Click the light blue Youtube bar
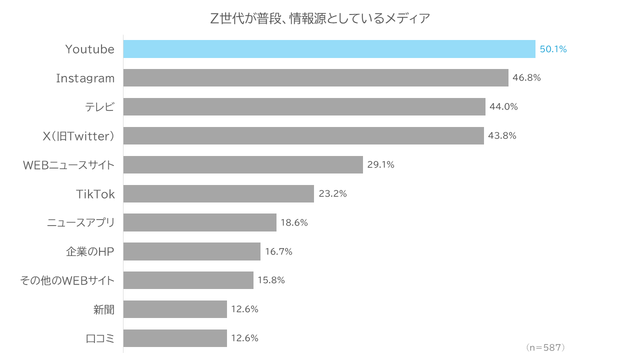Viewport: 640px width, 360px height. click(329, 49)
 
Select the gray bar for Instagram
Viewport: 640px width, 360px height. click(315, 78)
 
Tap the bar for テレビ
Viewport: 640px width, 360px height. click(304, 106)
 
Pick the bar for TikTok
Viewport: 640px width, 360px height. click(218, 193)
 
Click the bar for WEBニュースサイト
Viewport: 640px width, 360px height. click(243, 164)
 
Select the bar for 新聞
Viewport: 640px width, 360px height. click(175, 309)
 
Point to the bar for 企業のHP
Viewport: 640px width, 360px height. click(191, 251)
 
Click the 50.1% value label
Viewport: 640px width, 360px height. click(553, 49)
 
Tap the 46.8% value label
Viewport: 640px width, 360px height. click(526, 78)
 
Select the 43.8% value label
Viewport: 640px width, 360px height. click(502, 135)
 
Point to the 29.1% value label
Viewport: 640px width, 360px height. click(380, 164)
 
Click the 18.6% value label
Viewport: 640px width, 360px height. click(294, 222)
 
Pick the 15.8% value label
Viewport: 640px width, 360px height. click(271, 280)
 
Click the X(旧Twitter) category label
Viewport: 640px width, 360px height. click(78, 136)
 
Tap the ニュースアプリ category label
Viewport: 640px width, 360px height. click(80, 223)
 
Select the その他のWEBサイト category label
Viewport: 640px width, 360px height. click(67, 280)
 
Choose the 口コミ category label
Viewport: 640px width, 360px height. click(100, 338)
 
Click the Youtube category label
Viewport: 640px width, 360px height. click(90, 49)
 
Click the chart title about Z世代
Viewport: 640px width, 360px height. click(320, 19)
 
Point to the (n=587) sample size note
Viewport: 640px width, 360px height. click(545, 347)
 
